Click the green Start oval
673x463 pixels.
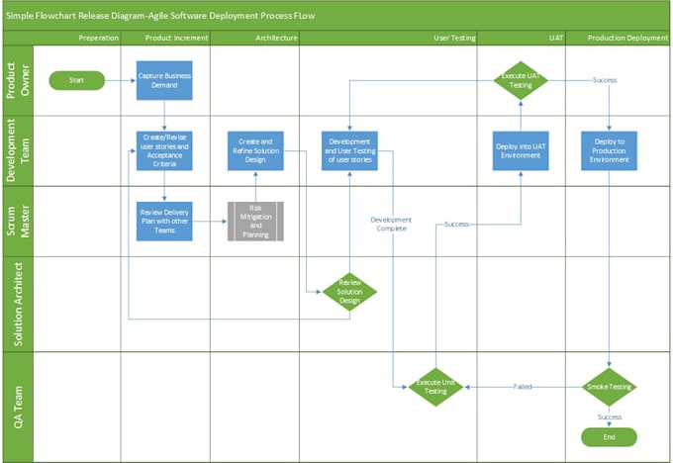click(x=76, y=80)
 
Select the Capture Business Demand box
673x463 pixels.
click(x=164, y=80)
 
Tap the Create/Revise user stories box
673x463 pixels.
click(x=164, y=150)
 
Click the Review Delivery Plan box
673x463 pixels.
click(x=164, y=222)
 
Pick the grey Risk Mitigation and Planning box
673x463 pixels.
click(x=255, y=222)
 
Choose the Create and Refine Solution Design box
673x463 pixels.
click(x=255, y=150)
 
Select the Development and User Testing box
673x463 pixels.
click(x=349, y=150)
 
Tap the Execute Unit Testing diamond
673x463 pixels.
click(x=436, y=386)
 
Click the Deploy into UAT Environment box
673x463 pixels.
click(x=521, y=150)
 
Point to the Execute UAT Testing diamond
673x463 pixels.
click(x=521, y=80)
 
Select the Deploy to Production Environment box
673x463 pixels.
click(x=609, y=150)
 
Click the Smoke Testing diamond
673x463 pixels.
click(x=609, y=386)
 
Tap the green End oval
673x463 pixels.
click(x=609, y=436)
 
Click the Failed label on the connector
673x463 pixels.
click(x=523, y=386)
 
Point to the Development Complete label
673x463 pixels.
click(x=391, y=224)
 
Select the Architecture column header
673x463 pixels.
click(x=255, y=38)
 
